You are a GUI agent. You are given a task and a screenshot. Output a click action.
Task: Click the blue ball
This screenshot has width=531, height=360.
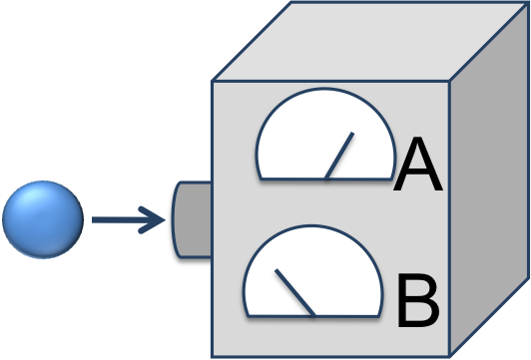point(42,219)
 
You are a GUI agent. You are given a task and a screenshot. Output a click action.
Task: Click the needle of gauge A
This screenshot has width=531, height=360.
point(340,156)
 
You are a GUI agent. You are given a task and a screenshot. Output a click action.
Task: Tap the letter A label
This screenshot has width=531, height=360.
point(417,168)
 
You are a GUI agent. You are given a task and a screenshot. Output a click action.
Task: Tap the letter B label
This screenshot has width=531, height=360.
point(417,301)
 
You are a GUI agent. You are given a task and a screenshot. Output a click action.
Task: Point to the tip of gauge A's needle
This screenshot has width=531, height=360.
point(353,134)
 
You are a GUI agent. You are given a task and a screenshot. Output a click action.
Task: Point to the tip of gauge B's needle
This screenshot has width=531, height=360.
point(276,270)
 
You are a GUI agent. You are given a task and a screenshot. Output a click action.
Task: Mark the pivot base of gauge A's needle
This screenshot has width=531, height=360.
point(326,179)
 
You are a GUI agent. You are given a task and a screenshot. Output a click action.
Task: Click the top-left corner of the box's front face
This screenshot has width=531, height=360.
point(212,82)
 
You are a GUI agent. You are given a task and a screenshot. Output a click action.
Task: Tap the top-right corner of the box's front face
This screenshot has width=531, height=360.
point(450,82)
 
